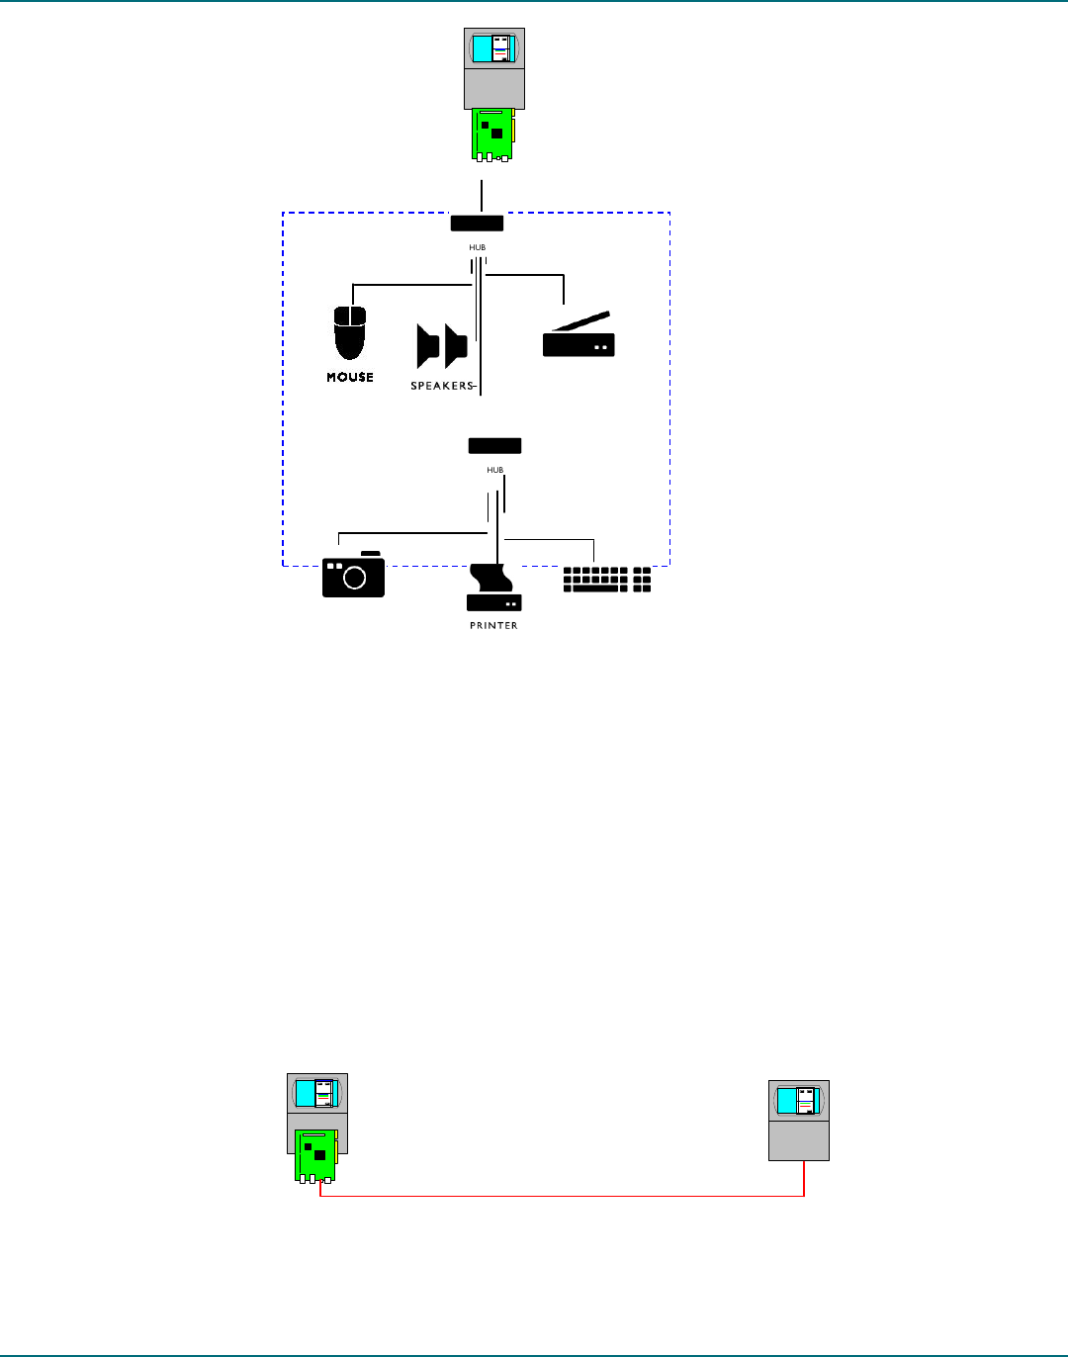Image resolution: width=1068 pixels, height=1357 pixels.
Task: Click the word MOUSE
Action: click(350, 377)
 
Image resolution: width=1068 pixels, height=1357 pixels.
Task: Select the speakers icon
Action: click(441, 346)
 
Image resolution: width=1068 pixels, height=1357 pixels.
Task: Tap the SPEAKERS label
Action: click(442, 386)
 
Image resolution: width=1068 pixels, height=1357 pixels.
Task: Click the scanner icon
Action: click(578, 337)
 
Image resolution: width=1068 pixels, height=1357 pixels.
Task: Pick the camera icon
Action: click(353, 576)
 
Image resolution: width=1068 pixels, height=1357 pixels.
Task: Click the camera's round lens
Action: click(354, 579)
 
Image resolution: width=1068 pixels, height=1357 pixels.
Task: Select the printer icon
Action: click(493, 589)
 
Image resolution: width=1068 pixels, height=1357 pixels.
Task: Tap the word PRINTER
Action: click(493, 626)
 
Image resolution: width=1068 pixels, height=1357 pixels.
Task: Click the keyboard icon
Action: click(607, 580)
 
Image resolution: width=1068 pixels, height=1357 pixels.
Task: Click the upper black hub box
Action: click(477, 223)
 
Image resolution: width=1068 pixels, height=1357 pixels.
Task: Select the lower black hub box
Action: click(494, 446)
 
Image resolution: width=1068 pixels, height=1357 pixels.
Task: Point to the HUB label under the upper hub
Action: click(478, 247)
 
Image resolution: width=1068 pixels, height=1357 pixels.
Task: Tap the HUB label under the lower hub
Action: click(494, 470)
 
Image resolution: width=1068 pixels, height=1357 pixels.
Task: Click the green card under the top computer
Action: click(492, 133)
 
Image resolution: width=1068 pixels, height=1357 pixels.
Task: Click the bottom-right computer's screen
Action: click(799, 1101)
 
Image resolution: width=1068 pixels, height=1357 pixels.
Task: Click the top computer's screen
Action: click(494, 48)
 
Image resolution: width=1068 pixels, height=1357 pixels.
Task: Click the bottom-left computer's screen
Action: click(317, 1093)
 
